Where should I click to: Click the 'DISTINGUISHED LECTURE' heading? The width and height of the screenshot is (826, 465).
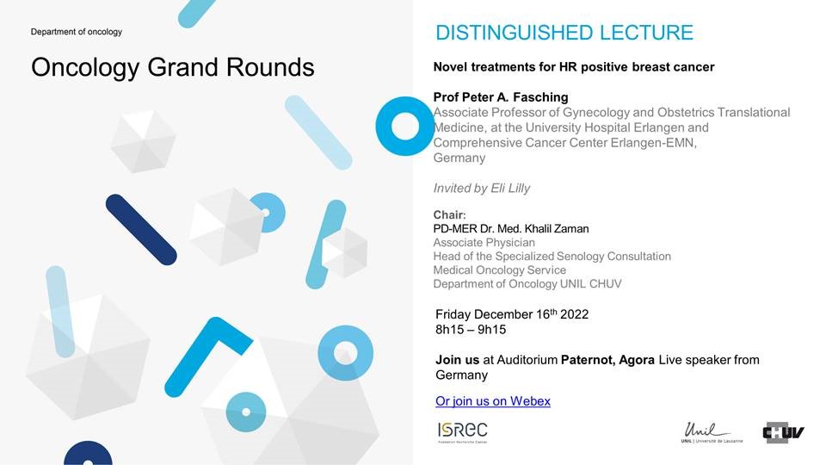point(564,33)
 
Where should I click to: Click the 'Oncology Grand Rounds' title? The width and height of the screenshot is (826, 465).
point(173,68)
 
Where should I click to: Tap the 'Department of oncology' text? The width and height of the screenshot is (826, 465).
point(77,32)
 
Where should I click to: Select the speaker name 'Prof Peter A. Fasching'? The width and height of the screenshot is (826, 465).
point(501,97)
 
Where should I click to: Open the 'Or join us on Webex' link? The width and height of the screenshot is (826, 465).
point(493,401)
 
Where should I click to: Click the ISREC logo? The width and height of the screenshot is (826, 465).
point(463,432)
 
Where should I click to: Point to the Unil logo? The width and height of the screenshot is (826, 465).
point(712,432)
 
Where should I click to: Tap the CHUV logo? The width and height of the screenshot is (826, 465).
point(783,433)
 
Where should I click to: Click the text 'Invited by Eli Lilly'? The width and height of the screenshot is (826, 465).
point(482,189)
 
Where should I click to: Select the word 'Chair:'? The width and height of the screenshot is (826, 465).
point(449,215)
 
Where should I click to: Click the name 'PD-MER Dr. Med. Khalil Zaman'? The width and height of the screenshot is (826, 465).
point(511,229)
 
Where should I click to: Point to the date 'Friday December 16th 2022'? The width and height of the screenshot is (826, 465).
point(512,314)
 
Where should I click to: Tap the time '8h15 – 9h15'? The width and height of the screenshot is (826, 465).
point(471,330)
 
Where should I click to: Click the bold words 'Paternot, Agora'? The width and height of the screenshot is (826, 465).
point(608,360)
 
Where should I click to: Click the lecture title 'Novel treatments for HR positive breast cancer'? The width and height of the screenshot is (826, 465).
point(574,67)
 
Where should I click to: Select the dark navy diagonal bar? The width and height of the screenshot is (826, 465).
point(141,229)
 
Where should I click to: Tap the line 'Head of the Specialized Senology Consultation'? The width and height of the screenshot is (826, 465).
point(552,257)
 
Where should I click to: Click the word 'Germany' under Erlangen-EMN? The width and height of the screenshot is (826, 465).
point(459,158)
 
